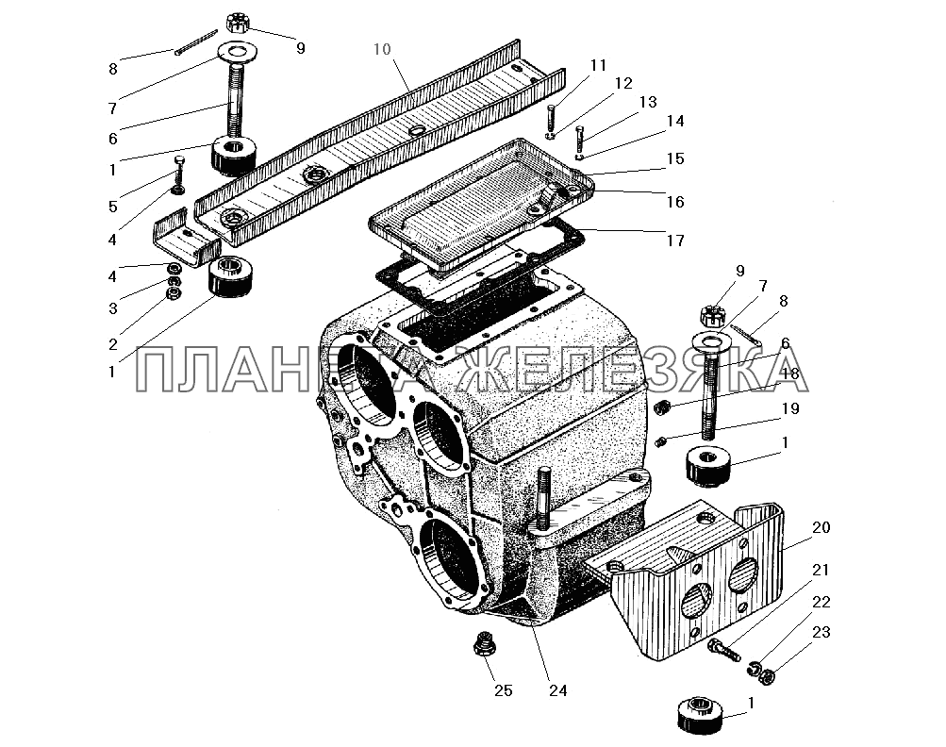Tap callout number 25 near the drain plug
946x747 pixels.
pyautogui.click(x=502, y=690)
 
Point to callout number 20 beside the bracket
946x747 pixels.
pyautogui.click(x=821, y=527)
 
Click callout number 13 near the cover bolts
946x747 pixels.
pyautogui.click(x=620, y=101)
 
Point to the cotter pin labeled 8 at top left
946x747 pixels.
pyautogui.click(x=196, y=45)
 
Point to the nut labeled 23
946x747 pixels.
pyautogui.click(x=770, y=676)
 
